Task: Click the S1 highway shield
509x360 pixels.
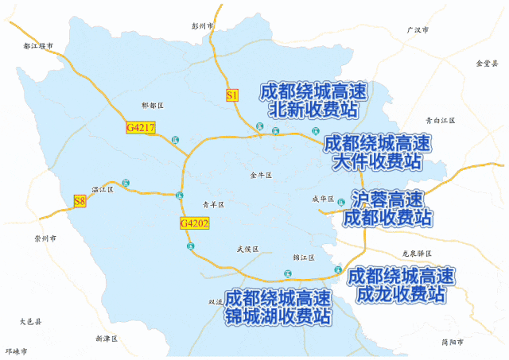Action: (x=232, y=96)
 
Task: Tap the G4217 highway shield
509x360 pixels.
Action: (x=141, y=127)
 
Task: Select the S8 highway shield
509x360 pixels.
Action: (x=80, y=201)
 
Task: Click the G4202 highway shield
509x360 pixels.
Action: (x=194, y=224)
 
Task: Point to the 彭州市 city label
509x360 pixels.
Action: (x=204, y=26)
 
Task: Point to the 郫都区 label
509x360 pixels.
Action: (x=151, y=106)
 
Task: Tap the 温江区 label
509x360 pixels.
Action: (x=103, y=190)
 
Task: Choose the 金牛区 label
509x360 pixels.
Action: (x=261, y=175)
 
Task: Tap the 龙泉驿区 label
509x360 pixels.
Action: (x=417, y=254)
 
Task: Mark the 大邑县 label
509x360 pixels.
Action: (x=30, y=322)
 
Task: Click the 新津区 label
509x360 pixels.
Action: (x=106, y=339)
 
